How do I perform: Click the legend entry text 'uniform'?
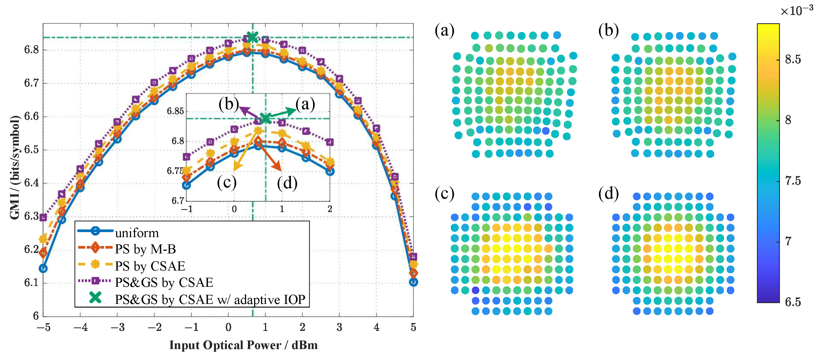click(x=137, y=233)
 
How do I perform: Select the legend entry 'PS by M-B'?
click(x=145, y=249)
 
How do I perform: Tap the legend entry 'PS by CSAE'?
click(x=150, y=266)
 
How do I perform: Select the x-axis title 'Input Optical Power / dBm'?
click(x=243, y=345)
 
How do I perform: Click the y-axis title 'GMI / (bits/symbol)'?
click(x=15, y=167)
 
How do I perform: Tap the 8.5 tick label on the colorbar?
click(x=793, y=59)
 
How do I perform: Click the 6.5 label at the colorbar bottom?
click(x=793, y=302)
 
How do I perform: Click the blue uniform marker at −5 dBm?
click(x=43, y=268)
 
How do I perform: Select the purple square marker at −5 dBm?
click(x=43, y=218)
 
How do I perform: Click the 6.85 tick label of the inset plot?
click(x=175, y=111)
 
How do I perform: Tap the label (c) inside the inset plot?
click(x=227, y=182)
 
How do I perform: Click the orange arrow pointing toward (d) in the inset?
click(x=270, y=156)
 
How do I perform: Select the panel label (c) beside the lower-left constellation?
click(x=444, y=194)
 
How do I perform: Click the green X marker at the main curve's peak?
click(x=252, y=37)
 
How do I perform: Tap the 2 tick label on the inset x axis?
click(x=330, y=209)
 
